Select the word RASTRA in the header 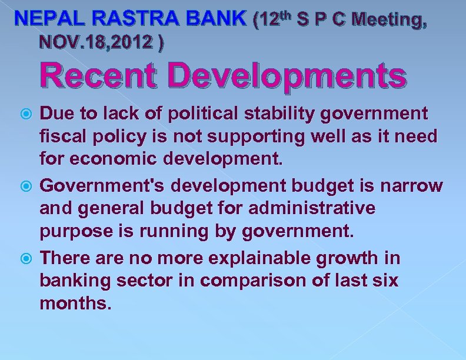coord(121,19)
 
